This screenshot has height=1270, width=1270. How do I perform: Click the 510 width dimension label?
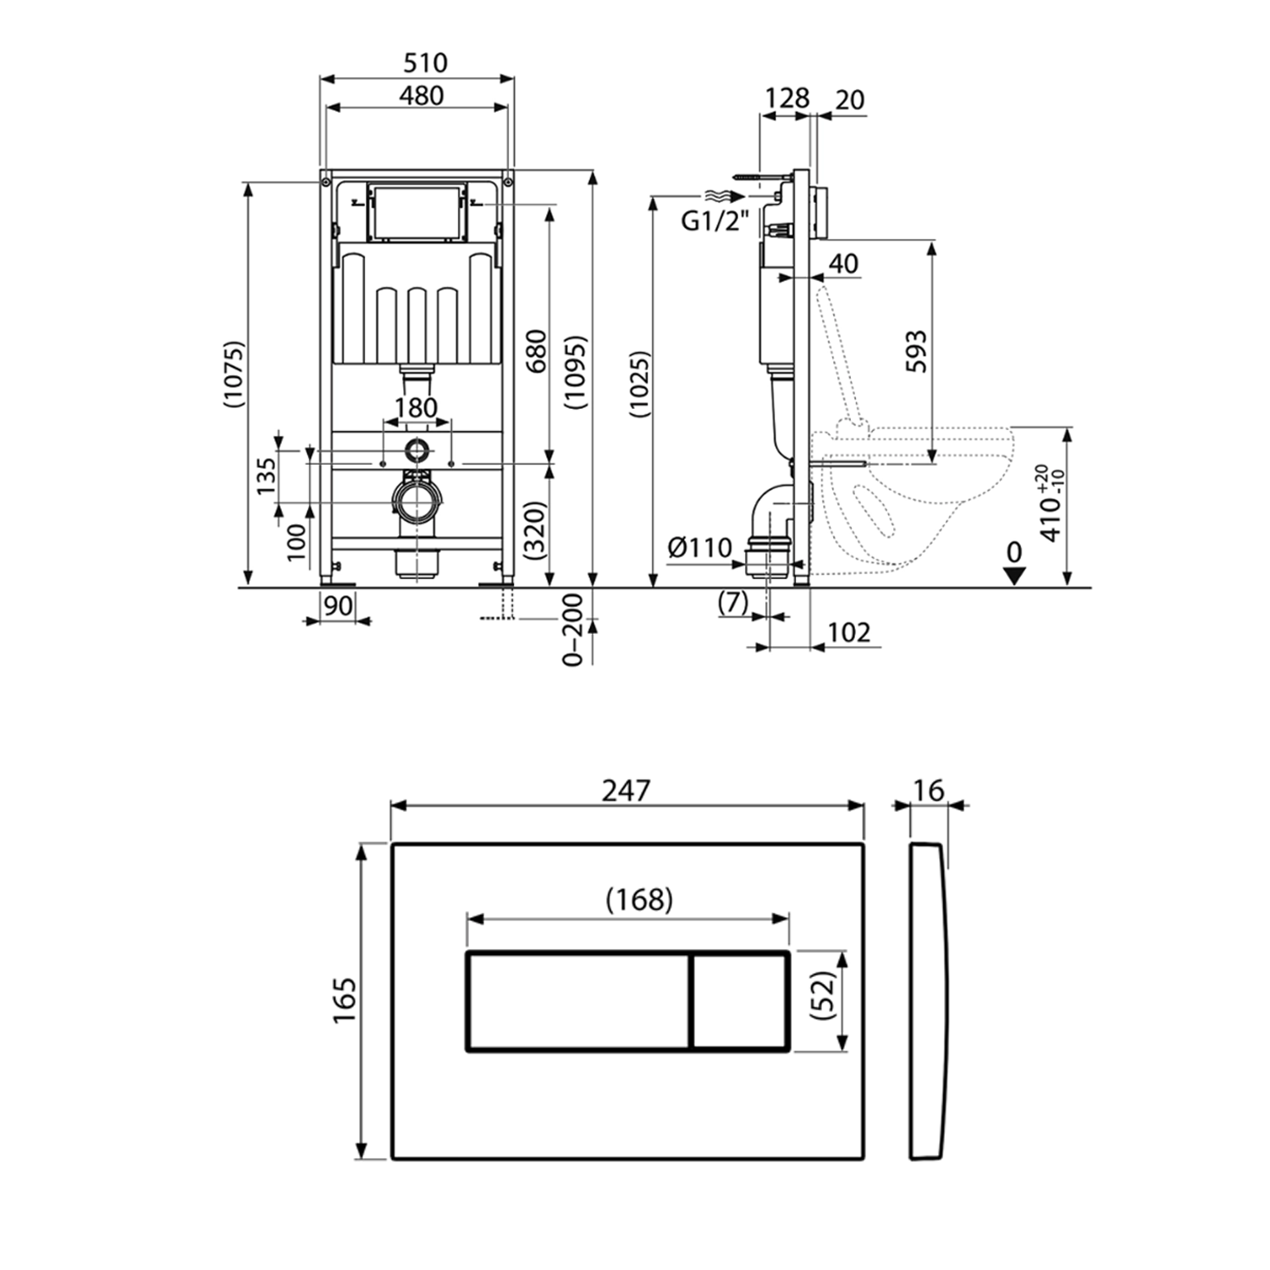tap(425, 63)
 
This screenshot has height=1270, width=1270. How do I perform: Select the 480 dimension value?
tap(421, 96)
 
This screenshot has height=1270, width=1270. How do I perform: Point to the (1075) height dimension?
tap(234, 375)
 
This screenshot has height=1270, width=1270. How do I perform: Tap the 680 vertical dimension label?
tap(537, 351)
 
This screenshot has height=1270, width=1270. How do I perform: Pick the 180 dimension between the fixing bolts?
tap(417, 408)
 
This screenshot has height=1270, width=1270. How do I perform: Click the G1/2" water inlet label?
tap(716, 222)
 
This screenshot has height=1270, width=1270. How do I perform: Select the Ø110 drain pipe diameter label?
tap(698, 548)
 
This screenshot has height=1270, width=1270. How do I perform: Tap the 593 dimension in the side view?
tap(916, 351)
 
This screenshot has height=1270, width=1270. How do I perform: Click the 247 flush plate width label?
tap(627, 790)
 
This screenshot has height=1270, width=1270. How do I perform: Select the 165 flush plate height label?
tap(345, 1001)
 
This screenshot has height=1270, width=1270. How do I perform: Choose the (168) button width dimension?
tap(639, 899)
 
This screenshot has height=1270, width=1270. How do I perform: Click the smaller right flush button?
tap(741, 1002)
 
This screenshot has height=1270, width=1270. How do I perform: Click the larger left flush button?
tap(578, 1002)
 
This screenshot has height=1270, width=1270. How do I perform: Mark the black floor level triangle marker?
tap(1013, 575)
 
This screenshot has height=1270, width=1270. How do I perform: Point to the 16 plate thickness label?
tap(929, 790)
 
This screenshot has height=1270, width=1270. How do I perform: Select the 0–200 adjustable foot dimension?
tap(574, 630)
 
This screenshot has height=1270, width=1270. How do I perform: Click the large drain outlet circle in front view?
tap(416, 502)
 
